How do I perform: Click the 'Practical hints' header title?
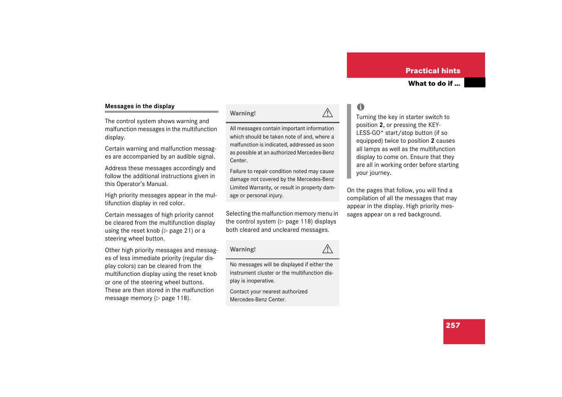pyautogui.click(x=433, y=71)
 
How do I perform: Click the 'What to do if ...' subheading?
pyautogui.click(x=434, y=84)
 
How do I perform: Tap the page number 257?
pyautogui.click(x=453, y=325)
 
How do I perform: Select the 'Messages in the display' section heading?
pyautogui.click(x=140, y=106)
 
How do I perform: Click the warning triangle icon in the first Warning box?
pyautogui.click(x=327, y=113)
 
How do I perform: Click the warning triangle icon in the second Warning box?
pyautogui.click(x=327, y=249)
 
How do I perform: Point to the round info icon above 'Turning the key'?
pyautogui.click(x=361, y=107)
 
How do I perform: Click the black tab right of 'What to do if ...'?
pyautogui.click(x=475, y=83)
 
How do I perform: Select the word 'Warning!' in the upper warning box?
pyautogui.click(x=243, y=113)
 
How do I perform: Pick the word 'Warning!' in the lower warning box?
pyautogui.click(x=243, y=249)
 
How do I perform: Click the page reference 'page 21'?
pyautogui.click(x=180, y=231)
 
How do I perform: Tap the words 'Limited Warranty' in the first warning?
pyautogui.click(x=251, y=188)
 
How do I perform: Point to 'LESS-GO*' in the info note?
pyautogui.click(x=370, y=133)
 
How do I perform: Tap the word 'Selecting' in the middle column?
pyautogui.click(x=238, y=213)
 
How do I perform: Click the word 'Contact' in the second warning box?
pyautogui.click(x=239, y=292)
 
